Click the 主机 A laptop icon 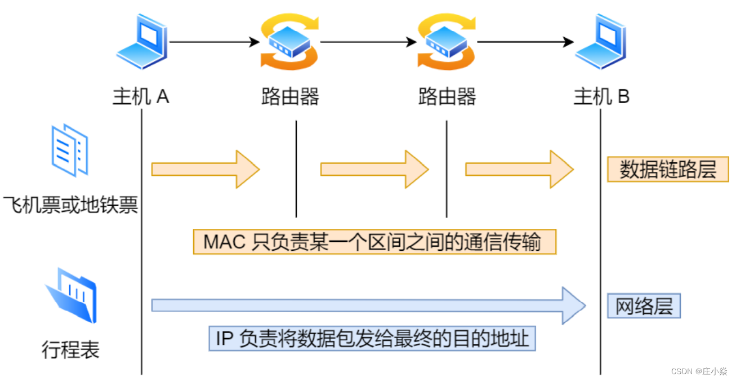141,42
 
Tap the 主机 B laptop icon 600,42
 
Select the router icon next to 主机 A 289,42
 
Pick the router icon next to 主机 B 447,42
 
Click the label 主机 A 141,97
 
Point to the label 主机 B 601,97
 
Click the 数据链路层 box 668,169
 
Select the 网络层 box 644,307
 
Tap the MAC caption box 374,242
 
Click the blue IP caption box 372,338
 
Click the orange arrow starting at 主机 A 205,169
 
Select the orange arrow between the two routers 374,169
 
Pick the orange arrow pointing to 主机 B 519,169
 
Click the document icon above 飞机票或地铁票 70,150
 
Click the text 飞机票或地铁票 70,205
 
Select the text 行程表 70,350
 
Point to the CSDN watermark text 699,371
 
